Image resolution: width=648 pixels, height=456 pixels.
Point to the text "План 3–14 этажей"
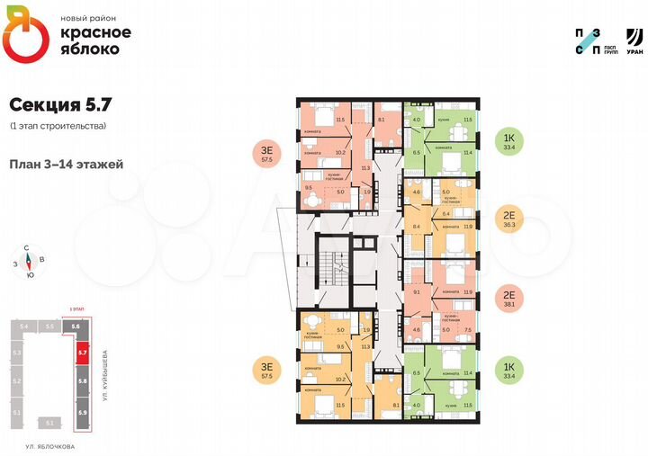[67, 165]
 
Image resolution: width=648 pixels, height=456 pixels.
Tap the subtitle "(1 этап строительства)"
[58, 126]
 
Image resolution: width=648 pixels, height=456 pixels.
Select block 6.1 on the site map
[50, 422]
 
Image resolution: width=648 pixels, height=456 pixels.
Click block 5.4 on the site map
[25, 326]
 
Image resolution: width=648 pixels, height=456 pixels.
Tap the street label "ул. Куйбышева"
[107, 374]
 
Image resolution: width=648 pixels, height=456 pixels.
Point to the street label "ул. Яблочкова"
[50, 446]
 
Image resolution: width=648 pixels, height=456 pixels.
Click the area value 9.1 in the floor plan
[415, 292]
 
